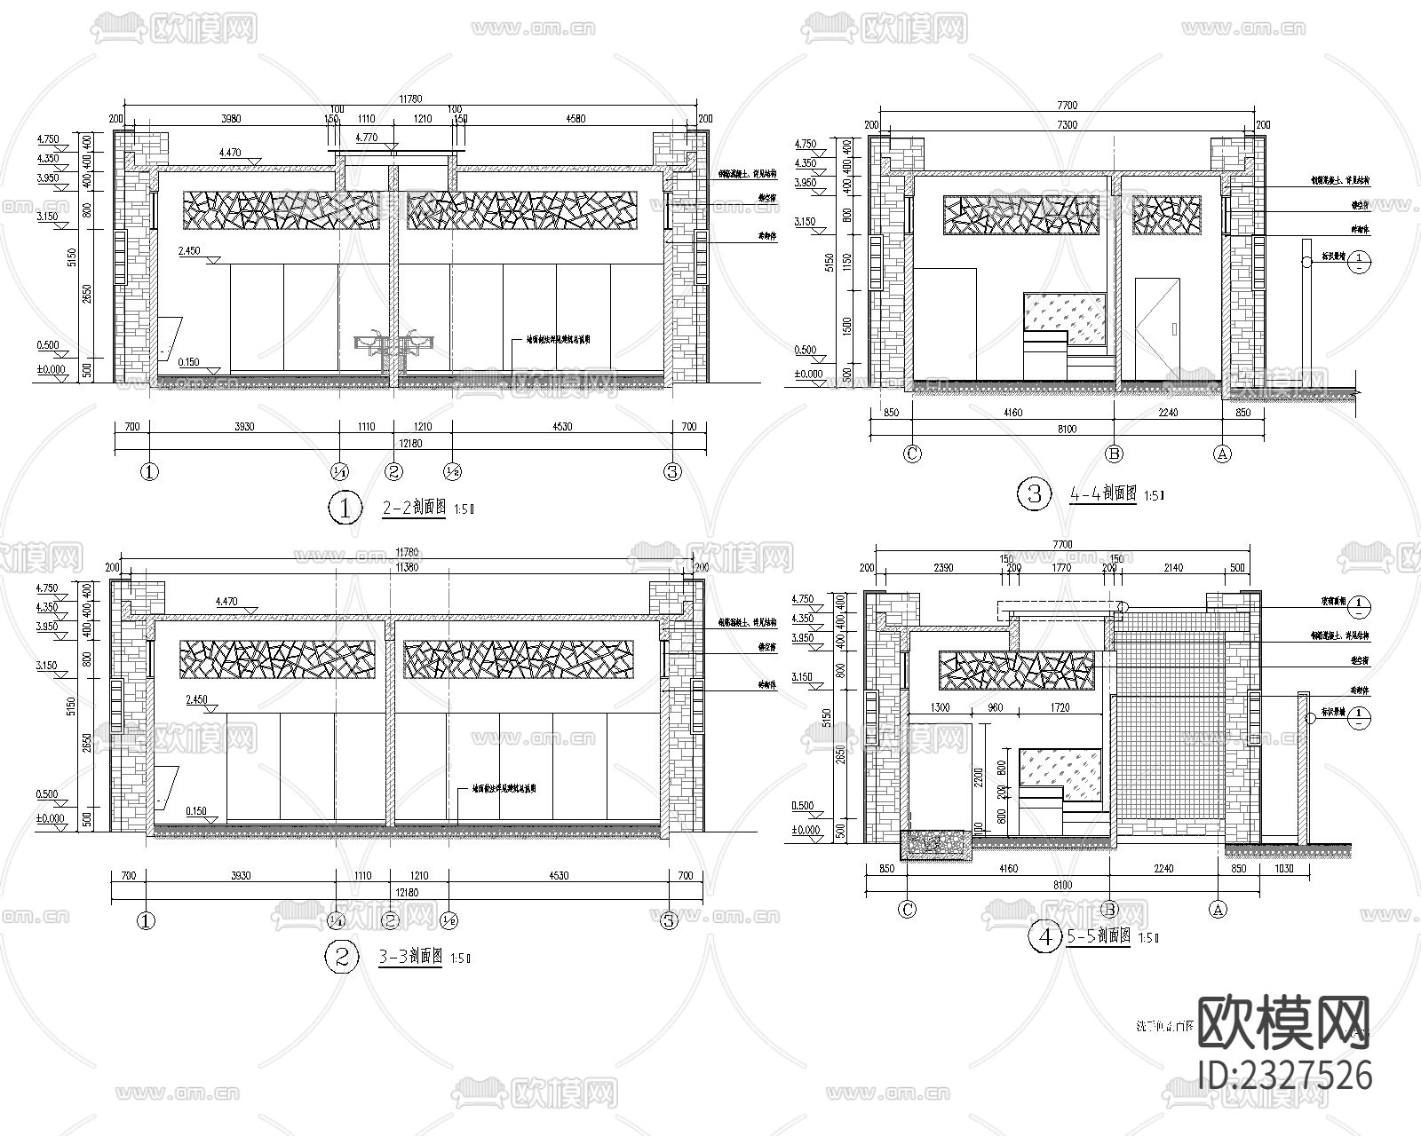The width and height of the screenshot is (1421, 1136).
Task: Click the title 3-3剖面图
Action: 411,957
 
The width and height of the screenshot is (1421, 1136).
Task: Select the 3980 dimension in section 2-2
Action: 230,118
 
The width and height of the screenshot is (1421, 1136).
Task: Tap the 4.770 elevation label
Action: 365,138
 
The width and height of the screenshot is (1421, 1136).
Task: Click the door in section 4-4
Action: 1157,326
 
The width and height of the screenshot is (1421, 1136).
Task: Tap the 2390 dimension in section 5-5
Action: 944,568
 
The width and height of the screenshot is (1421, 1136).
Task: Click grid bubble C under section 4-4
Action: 912,454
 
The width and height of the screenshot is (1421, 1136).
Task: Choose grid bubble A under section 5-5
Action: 1218,910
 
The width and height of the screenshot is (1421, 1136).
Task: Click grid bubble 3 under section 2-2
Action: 672,472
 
